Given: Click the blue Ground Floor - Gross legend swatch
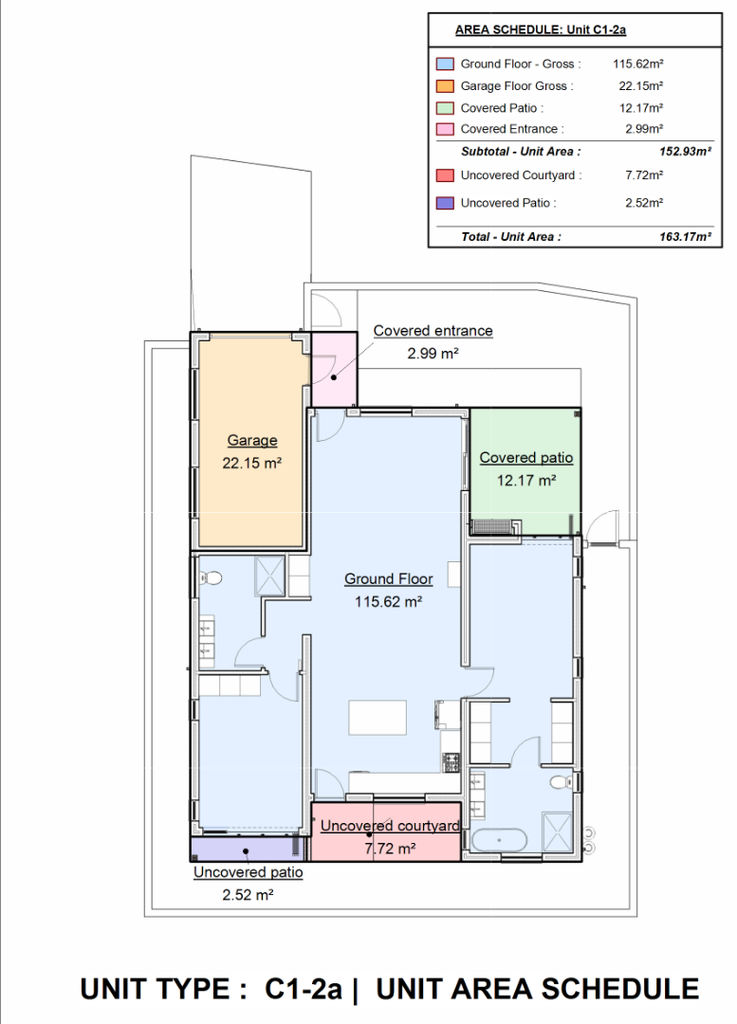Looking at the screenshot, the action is [x=445, y=64].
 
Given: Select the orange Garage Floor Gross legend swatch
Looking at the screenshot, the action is [x=445, y=85].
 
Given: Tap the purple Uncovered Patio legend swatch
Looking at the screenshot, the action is [x=445, y=203].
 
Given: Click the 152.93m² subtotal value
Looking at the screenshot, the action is [x=686, y=152].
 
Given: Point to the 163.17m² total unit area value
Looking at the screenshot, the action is [x=686, y=237].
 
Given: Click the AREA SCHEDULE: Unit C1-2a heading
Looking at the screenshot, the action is [x=541, y=30].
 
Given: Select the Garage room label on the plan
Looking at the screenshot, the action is [x=252, y=441].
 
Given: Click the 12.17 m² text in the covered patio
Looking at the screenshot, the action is [x=526, y=481].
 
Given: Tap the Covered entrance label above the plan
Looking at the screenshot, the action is [x=433, y=331].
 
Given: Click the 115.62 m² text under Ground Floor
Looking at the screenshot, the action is [x=388, y=601].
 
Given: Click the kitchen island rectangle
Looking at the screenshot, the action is [x=378, y=717].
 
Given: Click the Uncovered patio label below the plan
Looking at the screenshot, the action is [x=249, y=872].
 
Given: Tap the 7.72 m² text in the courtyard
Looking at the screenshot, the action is [x=390, y=849].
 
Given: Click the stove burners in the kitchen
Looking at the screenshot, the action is [x=451, y=760].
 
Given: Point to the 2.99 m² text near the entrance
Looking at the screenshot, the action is [x=433, y=354].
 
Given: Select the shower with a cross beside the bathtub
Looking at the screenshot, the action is [x=558, y=832].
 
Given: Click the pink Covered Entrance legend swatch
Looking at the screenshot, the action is [x=445, y=129].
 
